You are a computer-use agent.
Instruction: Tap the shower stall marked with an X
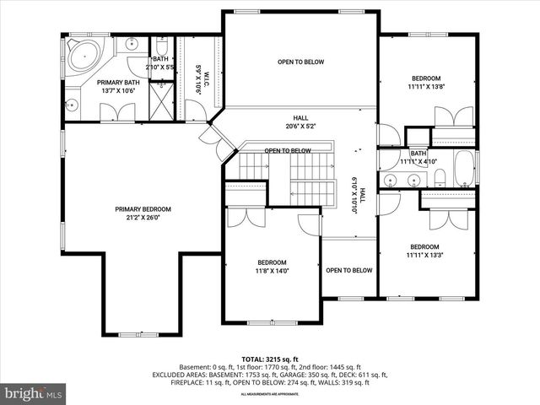pyautogui.click(x=160, y=99)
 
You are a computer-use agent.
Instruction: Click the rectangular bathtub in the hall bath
pyautogui.click(x=466, y=169)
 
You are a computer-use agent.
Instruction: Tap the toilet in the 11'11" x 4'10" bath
pyautogui.click(x=440, y=177)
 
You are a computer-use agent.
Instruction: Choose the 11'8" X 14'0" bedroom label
pyautogui.click(x=272, y=267)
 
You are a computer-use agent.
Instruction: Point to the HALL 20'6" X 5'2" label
pyautogui.click(x=300, y=122)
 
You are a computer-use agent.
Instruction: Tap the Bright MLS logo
pyautogui.click(x=34, y=393)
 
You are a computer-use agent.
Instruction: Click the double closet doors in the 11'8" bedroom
pyautogui.click(x=246, y=218)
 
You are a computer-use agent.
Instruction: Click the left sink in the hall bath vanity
pyautogui.click(x=391, y=180)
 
